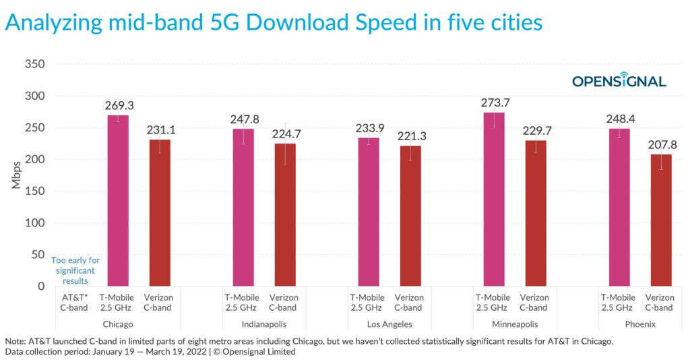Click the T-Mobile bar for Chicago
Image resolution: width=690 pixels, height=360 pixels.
(118, 201)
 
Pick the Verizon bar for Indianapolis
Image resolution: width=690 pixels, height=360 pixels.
(284, 215)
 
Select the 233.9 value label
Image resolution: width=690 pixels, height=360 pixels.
(369, 128)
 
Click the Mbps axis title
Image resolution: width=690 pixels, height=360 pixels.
(16, 175)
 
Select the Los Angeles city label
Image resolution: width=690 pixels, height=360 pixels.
(389, 324)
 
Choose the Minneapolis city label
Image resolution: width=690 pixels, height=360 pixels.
(515, 324)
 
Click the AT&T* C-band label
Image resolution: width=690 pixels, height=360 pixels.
(73, 303)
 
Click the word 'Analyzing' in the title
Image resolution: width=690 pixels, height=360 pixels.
(53, 22)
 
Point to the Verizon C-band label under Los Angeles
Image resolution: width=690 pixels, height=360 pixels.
(410, 303)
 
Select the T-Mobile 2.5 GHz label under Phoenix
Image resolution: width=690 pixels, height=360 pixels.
(619, 303)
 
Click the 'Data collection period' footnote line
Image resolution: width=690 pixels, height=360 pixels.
(150, 352)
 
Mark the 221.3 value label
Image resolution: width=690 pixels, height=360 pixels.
(410, 136)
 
